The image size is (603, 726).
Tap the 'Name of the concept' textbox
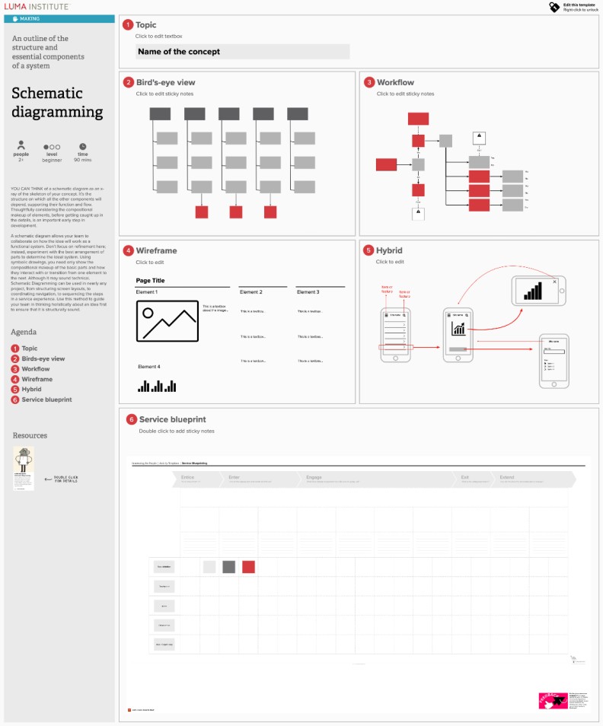click(242, 52)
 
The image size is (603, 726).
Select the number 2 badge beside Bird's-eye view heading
click(128, 82)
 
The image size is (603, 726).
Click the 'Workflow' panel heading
click(395, 82)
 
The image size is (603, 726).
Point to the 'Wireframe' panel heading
click(156, 250)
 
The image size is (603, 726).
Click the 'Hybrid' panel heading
click(389, 250)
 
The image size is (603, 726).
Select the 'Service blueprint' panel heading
click(172, 419)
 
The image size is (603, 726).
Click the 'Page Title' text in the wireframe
click(150, 280)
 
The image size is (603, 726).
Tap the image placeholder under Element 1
click(167, 320)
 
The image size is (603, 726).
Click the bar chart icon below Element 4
click(157, 386)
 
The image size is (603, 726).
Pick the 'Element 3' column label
click(308, 292)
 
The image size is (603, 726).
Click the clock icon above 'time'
click(82, 146)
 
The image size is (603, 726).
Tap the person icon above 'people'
click(21, 145)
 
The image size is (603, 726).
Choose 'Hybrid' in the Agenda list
click(31, 389)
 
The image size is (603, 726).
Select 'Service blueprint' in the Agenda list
click(46, 400)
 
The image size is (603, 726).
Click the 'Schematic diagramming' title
click(57, 103)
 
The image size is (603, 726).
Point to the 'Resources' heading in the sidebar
click(30, 435)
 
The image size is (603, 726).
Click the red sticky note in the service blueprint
click(248, 566)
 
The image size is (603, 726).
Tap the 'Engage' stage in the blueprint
click(314, 477)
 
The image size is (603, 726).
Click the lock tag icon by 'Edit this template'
click(554, 7)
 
